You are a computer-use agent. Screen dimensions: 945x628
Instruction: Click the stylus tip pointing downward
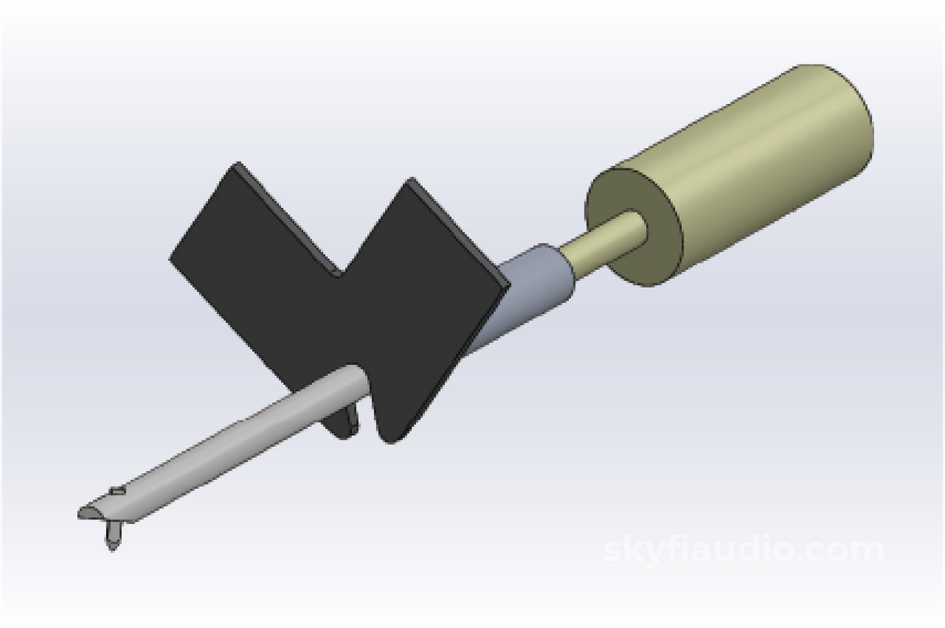[x=112, y=549]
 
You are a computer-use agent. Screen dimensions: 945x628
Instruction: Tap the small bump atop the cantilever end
[x=117, y=490]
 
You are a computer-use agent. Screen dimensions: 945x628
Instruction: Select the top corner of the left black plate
[x=238, y=162]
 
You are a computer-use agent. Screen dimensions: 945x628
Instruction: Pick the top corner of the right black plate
[x=410, y=179]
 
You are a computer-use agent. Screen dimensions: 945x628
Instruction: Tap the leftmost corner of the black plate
[x=170, y=258]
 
